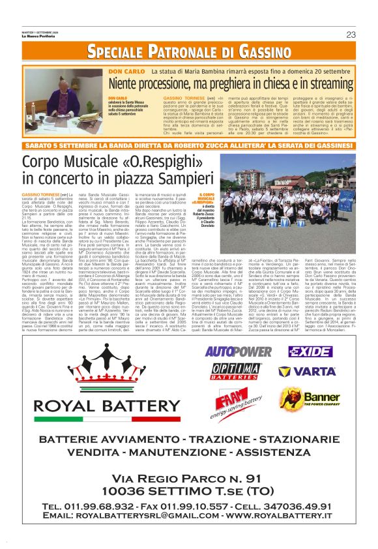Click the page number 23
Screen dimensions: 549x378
tap(351, 34)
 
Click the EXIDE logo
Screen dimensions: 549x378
tap(312, 351)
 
